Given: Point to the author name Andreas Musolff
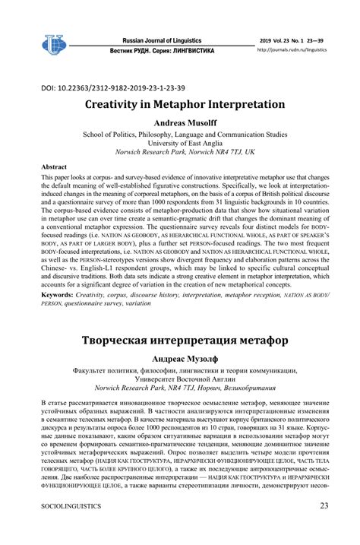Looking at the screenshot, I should (x=179, y=122).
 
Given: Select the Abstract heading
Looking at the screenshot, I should (x=53, y=166).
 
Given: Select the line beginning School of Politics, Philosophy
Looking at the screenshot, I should (x=179, y=133).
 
